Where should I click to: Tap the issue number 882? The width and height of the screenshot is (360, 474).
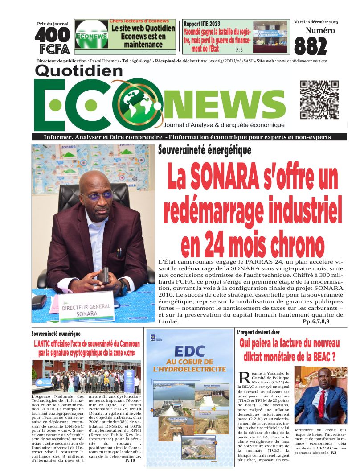tap(311, 46)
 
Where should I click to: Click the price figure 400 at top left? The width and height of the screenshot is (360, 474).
tap(53, 35)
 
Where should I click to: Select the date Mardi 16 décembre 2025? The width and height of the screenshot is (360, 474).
tap(316, 21)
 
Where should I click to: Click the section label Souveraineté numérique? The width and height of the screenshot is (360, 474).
tap(56, 334)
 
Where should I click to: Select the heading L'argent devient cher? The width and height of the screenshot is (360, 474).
tap(258, 332)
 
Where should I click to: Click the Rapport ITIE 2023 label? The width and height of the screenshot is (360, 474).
tap(201, 24)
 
